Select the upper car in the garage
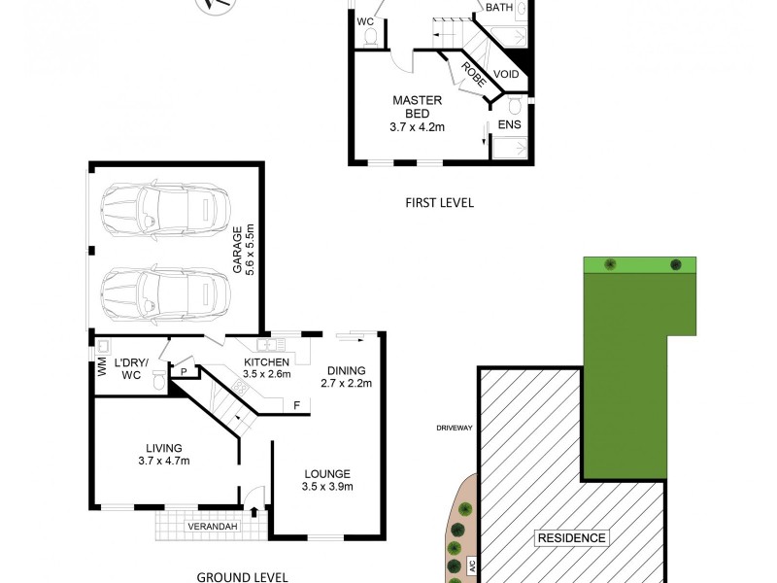coord(160,205)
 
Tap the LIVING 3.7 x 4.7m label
coord(162,454)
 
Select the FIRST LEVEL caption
coord(438,203)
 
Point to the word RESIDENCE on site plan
coord(572,537)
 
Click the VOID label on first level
coord(506,74)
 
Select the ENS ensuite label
coord(509,125)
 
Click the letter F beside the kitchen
coord(294,404)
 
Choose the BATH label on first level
coord(498,8)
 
